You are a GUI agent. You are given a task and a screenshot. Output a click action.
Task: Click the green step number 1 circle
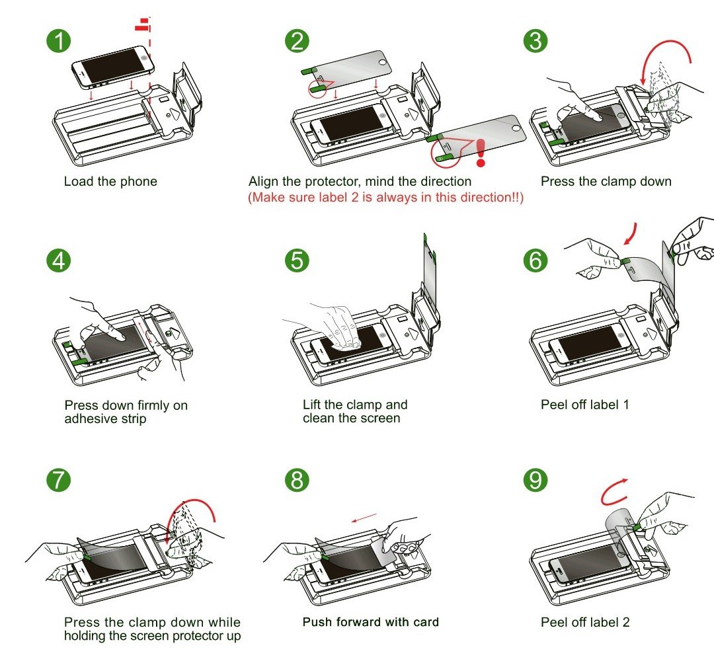tap(59, 40)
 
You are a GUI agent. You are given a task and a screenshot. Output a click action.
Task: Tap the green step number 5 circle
tap(297, 260)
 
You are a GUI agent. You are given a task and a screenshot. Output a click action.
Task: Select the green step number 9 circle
tap(535, 480)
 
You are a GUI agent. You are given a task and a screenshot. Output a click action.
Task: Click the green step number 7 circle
tap(59, 480)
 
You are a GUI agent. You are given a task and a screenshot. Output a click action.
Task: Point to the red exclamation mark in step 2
tap(481, 153)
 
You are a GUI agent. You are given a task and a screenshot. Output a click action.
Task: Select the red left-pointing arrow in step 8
tap(364, 518)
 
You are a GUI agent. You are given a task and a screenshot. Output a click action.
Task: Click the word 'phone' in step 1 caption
tap(139, 181)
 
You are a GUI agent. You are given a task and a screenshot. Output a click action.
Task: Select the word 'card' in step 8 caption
tap(426, 622)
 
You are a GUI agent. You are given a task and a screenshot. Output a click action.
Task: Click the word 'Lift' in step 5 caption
tap(312, 405)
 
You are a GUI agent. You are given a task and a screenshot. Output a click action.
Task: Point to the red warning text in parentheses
tap(385, 197)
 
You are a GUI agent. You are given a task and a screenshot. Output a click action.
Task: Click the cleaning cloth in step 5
tap(346, 344)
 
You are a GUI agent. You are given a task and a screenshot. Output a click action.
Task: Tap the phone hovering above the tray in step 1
tap(113, 67)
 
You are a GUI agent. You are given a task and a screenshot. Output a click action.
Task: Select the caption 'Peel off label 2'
tap(585, 622)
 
